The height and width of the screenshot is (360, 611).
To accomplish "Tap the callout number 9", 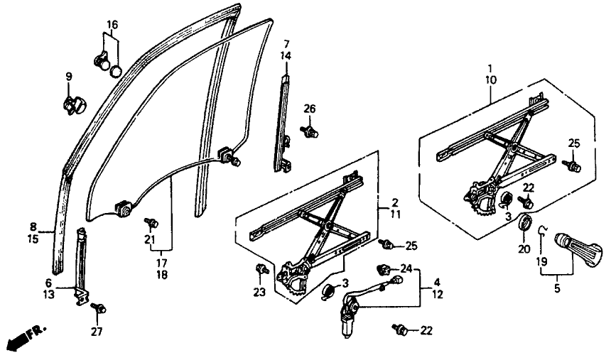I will pos(69,77).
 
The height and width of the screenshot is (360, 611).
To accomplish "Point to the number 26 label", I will pos(309,109).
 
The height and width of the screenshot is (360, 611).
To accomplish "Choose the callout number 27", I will pos(97,331).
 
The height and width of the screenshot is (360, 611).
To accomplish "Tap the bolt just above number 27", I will pos(98,307).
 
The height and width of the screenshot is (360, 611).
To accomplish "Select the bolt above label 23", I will pos(260,268).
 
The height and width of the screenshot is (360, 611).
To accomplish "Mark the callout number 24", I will pos(406,268).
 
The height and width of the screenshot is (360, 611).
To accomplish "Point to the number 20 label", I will pos(524,249).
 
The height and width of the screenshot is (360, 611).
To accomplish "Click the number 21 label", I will pos(150,240).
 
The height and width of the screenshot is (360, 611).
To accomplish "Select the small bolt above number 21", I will pos(151,223).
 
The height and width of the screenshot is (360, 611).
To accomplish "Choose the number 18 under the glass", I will pos(162,275).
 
